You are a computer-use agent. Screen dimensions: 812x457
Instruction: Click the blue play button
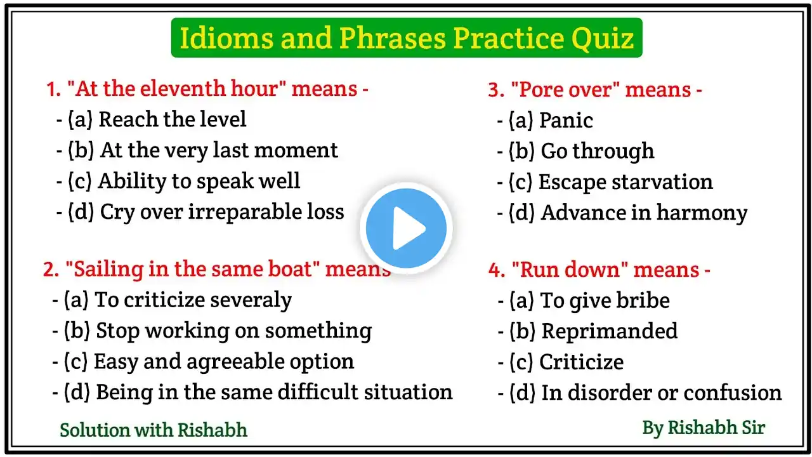click(406, 228)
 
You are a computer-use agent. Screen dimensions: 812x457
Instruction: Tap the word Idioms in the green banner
click(226, 37)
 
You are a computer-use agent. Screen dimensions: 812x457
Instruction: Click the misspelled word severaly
click(251, 300)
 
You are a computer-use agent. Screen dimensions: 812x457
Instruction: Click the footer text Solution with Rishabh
click(154, 430)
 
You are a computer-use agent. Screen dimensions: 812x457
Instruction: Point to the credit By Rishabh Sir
click(704, 428)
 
